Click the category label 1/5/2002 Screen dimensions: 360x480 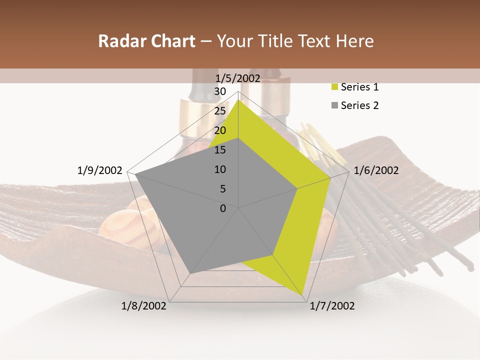(238, 78)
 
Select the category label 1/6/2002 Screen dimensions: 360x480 (376, 170)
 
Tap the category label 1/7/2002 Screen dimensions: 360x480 (332, 306)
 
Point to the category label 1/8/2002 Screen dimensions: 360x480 (144, 306)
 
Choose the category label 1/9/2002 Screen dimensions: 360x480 (100, 170)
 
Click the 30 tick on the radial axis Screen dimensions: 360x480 (220, 91)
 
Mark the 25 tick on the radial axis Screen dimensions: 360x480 (220, 111)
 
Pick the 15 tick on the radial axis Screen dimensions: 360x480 (220, 150)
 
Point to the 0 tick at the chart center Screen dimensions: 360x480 (223, 208)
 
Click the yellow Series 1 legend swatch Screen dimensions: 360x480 (334, 87)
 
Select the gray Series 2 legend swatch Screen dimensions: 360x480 (334, 105)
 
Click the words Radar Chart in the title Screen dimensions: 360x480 (146, 41)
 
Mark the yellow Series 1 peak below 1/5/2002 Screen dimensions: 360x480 (238, 100)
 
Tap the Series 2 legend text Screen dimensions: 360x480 (359, 105)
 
